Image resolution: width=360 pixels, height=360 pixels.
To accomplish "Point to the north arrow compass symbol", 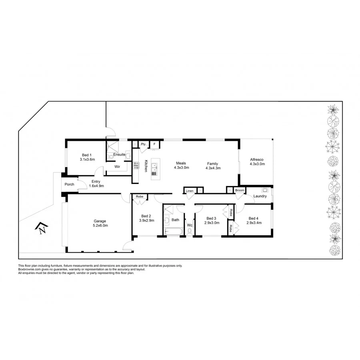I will tap(42, 228).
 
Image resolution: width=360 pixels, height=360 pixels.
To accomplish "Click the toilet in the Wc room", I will tap(190, 231).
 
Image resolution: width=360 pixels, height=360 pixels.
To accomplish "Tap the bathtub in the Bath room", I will tap(173, 231).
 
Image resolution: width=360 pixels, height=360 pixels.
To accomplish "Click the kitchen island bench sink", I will tap(155, 172).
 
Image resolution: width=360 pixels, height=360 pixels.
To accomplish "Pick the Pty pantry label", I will tap(143, 144).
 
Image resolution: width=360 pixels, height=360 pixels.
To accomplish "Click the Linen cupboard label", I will tap(190, 191).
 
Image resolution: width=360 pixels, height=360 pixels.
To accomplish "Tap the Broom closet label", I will tap(240, 190).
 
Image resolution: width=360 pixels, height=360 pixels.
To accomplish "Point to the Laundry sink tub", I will tap(264, 190).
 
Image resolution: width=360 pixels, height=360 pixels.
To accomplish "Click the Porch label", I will tap(69, 184).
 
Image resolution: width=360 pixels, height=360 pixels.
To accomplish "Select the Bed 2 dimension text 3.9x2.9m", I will tap(146, 220).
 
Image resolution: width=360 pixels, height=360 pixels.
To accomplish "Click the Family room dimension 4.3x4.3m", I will tap(213, 168).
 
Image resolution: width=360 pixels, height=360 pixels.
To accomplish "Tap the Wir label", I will tap(118, 166).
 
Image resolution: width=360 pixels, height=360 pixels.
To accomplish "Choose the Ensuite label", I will tap(119, 154).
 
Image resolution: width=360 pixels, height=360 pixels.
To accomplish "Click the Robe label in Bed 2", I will tap(140, 196).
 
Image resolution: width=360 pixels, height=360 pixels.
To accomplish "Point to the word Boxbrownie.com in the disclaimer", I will tap(28, 269).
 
